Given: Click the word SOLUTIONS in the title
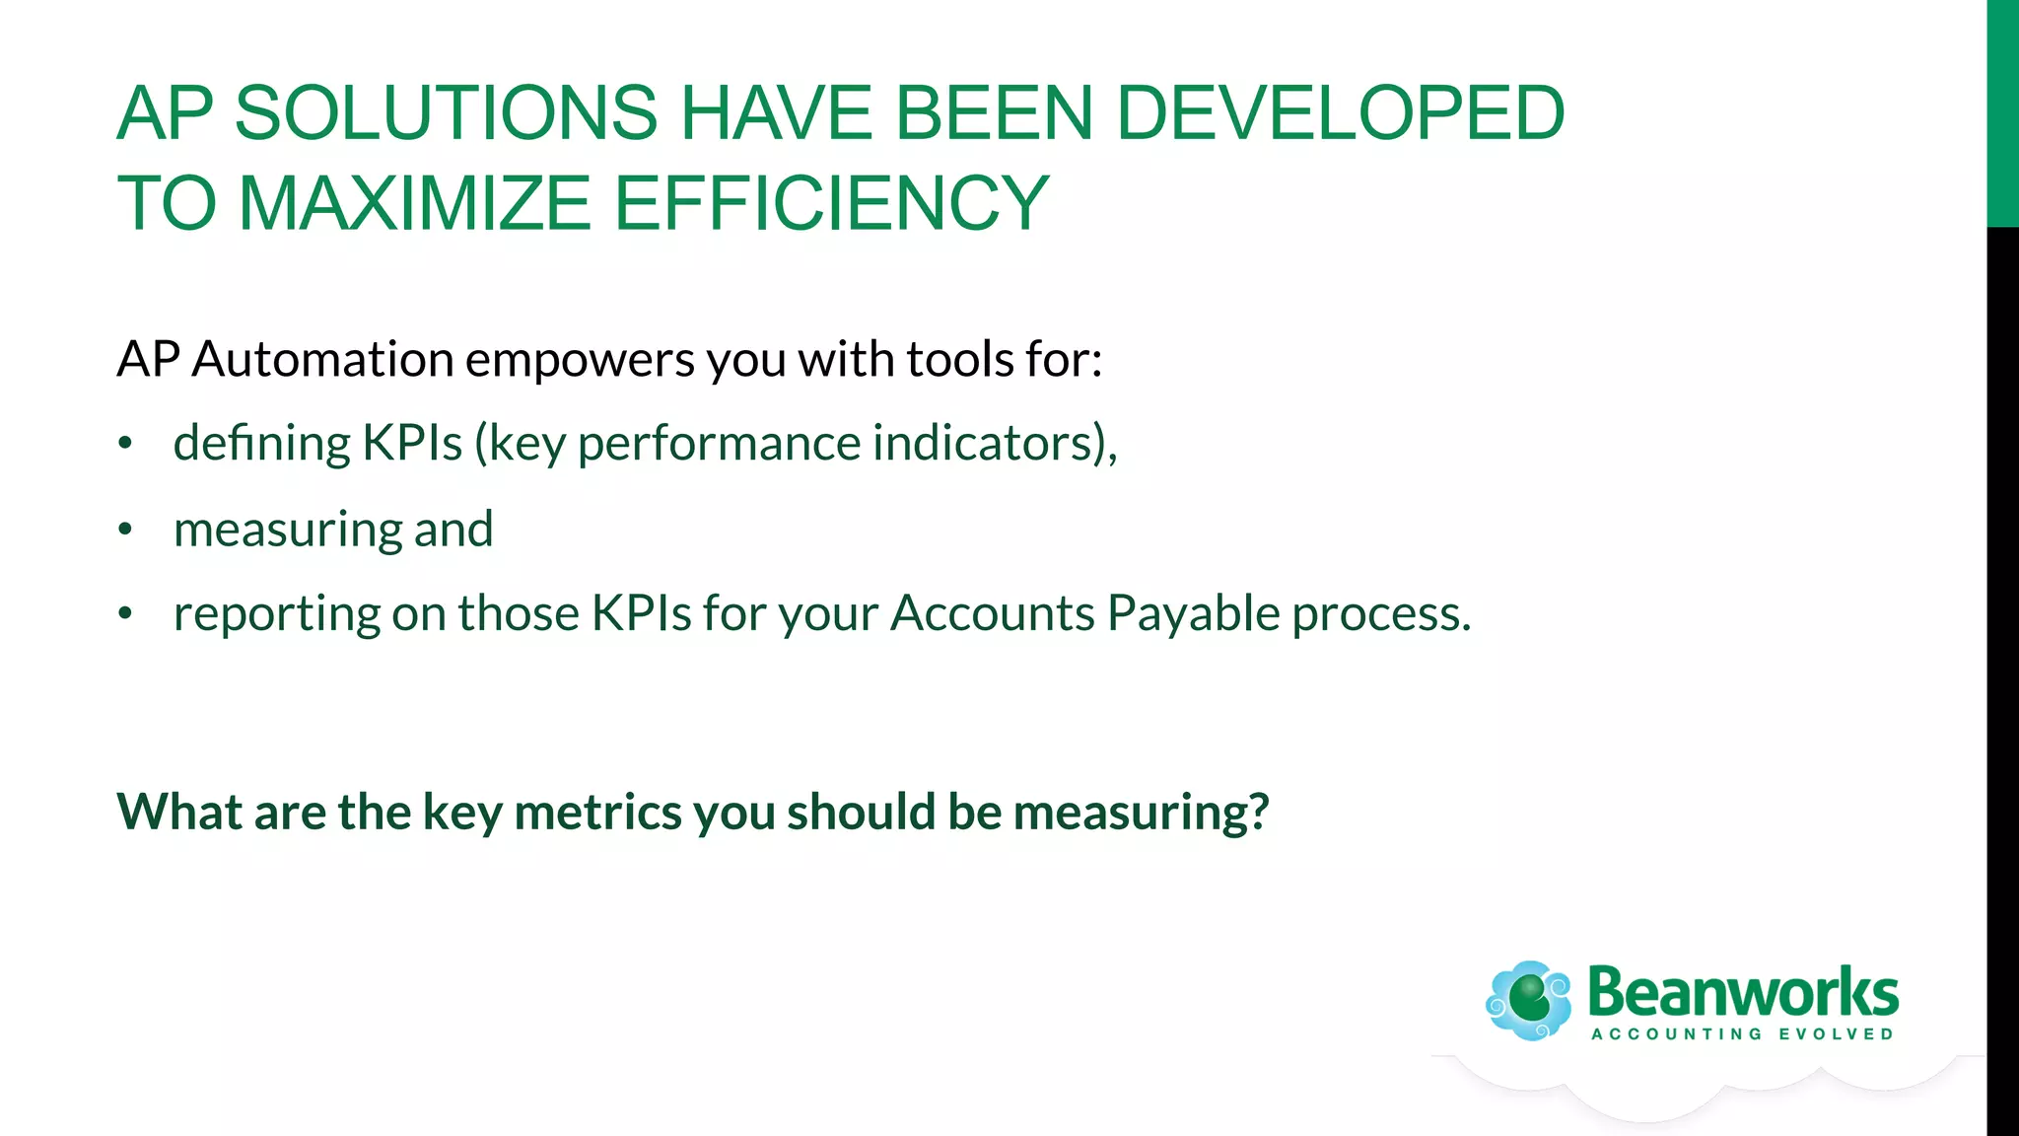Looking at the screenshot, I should coord(446,112).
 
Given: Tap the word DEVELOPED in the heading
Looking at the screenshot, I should coord(1340,112).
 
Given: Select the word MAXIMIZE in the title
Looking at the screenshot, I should coord(414,203).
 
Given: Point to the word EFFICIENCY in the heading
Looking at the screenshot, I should coord(831,203).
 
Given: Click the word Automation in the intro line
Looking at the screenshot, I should coord(322,359).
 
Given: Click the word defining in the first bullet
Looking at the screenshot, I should coord(261,444).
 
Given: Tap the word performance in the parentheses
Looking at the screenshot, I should coord(719,445).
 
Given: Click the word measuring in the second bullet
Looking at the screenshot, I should coord(287,531).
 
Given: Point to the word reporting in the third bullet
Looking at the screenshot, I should coord(276,615).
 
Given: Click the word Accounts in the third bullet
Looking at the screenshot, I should coord(993,613).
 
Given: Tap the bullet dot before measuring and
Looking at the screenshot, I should coord(124,531).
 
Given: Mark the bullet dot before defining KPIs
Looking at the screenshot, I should coord(124,445).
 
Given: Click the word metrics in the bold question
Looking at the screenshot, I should coord(597,813).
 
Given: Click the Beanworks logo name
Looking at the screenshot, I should coord(1742,992).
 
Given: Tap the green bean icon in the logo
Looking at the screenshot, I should coord(1529,999).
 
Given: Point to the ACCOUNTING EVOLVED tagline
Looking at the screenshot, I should coord(1742,1034).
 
